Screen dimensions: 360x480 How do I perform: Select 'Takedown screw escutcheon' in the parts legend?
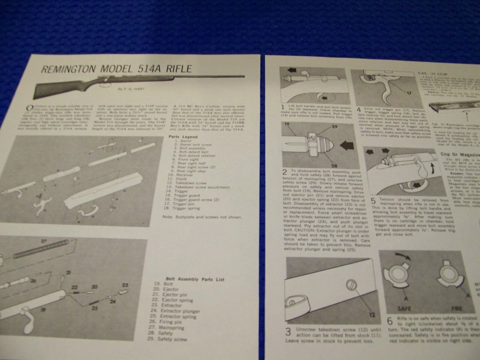click(202, 187)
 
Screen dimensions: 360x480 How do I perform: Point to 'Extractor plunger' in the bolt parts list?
click(180, 311)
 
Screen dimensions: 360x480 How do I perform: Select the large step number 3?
click(288, 332)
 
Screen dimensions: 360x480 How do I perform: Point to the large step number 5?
click(373, 201)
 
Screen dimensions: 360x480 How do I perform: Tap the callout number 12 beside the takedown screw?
click(372, 315)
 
